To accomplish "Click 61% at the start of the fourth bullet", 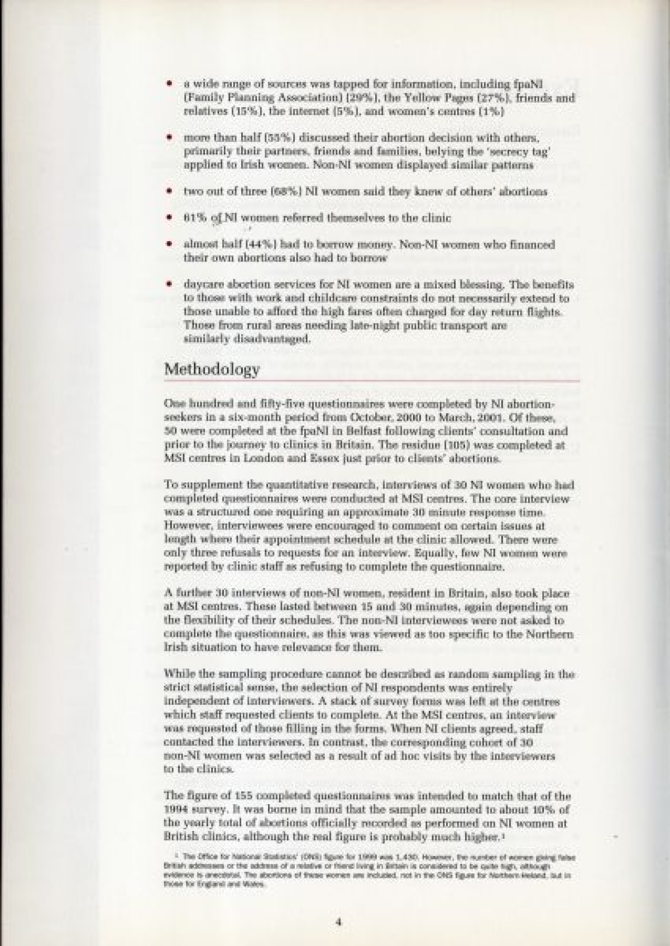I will (195, 218).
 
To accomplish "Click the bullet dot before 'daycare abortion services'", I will (169, 284).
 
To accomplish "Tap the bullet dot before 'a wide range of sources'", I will (169, 84).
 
